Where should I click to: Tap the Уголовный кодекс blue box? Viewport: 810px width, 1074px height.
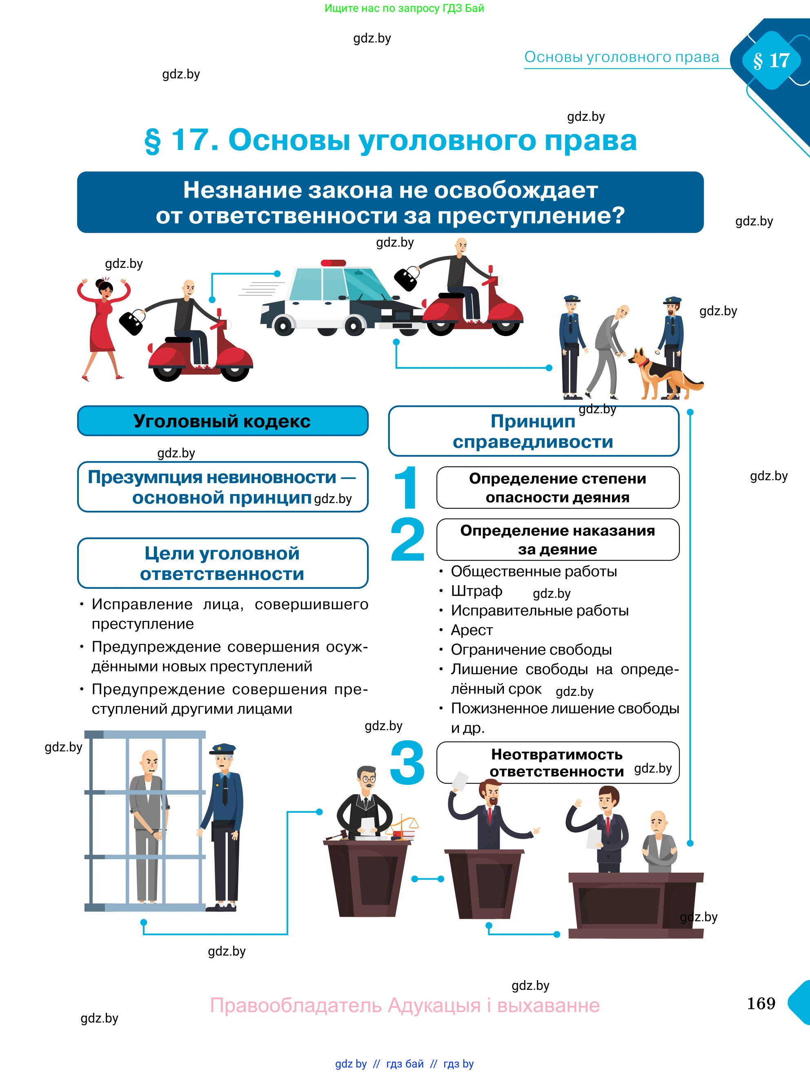[x=222, y=421]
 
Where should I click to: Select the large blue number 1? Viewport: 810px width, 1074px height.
[x=407, y=488]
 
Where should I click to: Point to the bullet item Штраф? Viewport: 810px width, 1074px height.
[x=476, y=591]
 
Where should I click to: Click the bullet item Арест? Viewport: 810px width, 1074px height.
[x=471, y=630]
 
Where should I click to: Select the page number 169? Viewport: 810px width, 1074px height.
[x=761, y=1003]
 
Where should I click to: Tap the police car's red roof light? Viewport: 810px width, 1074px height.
[x=334, y=263]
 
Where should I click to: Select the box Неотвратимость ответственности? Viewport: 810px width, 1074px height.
[x=557, y=763]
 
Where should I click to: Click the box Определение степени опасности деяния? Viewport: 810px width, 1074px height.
[x=557, y=488]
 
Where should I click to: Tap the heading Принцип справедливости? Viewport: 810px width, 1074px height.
[x=533, y=431]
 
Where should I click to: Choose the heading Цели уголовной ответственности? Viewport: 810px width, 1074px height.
[x=222, y=563]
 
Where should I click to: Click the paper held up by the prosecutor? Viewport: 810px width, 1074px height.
[x=459, y=781]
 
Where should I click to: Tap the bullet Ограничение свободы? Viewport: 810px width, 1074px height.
[x=531, y=650]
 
